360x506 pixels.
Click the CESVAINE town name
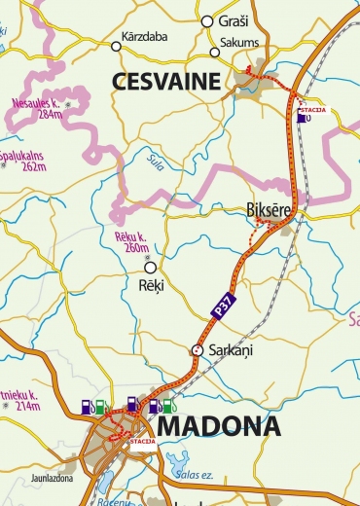tap(166, 82)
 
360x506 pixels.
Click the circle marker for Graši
tap(206, 20)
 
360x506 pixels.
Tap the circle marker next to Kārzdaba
tap(116, 46)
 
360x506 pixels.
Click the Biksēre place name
tap(267, 208)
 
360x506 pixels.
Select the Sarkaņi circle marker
tap(197, 349)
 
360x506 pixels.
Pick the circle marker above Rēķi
tap(150, 267)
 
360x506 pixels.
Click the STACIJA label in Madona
tap(142, 441)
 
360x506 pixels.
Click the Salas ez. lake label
tap(195, 474)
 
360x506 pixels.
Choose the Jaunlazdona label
tap(53, 479)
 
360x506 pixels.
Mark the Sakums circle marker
tap(215, 54)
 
